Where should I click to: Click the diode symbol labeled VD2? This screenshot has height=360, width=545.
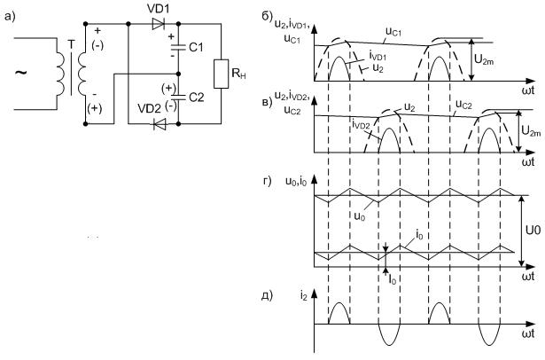[x=159, y=124]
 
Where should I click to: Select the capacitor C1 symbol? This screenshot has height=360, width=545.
[x=177, y=45]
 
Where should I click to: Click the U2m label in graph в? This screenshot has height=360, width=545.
[x=526, y=132]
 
